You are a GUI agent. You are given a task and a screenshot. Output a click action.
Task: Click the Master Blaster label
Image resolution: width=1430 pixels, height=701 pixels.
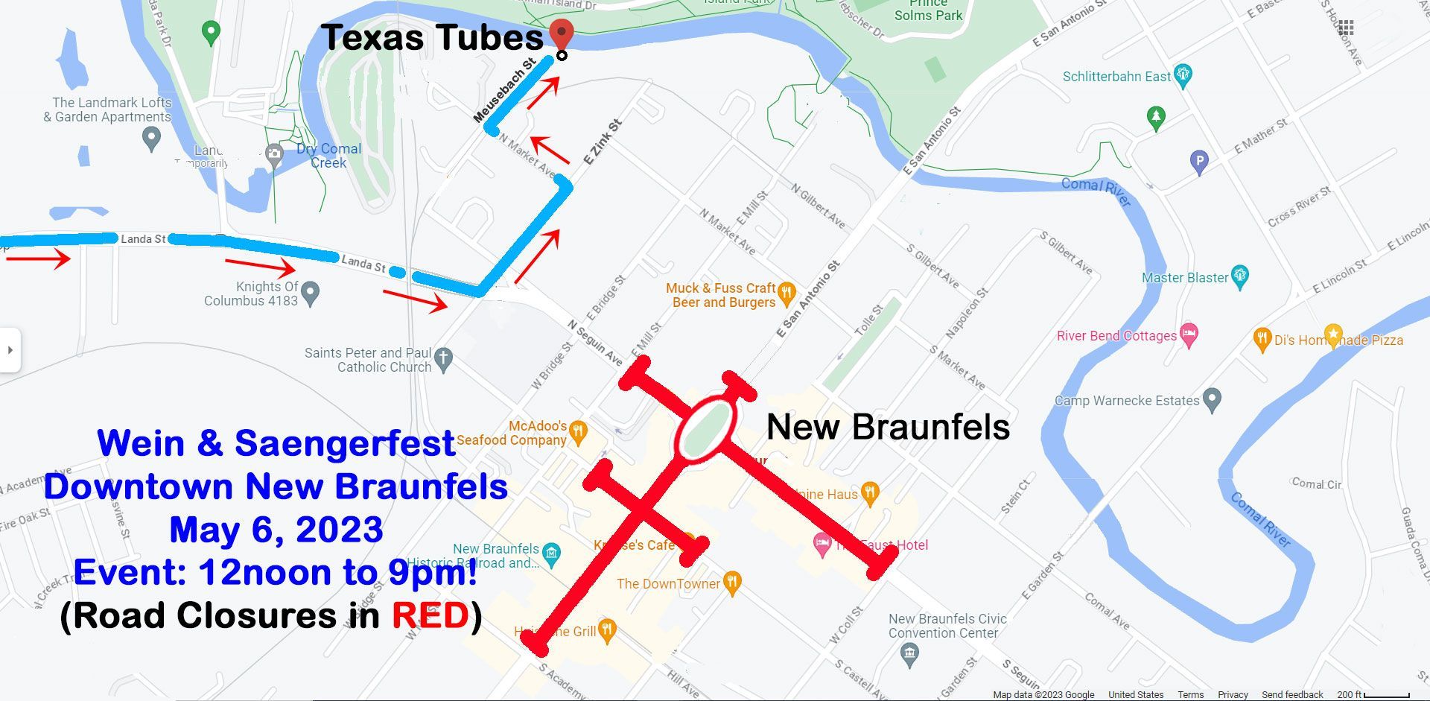click(1185, 278)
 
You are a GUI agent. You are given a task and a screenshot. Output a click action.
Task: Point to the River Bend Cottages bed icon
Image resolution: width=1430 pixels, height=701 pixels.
click(1189, 335)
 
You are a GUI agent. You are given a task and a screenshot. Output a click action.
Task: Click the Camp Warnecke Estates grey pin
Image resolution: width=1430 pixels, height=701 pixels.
click(1213, 400)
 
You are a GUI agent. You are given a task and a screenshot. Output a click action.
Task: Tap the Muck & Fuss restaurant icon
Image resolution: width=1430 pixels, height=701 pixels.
click(786, 294)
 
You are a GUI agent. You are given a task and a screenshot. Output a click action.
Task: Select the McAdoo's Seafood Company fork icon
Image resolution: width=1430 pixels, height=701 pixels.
click(578, 431)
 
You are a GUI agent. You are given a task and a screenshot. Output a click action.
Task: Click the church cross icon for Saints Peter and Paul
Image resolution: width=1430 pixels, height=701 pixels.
click(443, 359)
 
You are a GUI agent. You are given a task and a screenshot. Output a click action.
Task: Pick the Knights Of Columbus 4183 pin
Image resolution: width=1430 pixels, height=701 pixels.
click(311, 293)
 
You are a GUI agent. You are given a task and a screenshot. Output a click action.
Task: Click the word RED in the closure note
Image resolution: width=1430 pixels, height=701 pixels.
click(430, 615)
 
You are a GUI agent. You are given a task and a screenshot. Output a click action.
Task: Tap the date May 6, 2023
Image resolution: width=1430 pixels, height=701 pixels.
click(276, 530)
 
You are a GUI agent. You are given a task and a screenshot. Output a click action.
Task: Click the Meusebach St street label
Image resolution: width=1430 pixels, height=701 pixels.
click(504, 91)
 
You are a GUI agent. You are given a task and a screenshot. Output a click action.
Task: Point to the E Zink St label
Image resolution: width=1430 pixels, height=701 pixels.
click(602, 142)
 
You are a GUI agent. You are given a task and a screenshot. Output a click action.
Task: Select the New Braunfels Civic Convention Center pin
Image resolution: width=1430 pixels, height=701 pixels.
click(909, 655)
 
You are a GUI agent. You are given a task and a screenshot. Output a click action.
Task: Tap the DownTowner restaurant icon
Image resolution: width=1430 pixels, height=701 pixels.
click(733, 583)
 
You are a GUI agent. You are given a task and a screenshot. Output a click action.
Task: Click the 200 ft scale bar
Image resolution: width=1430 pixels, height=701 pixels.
click(1386, 695)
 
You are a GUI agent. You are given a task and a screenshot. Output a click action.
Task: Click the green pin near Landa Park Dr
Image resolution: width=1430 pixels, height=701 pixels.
click(212, 33)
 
